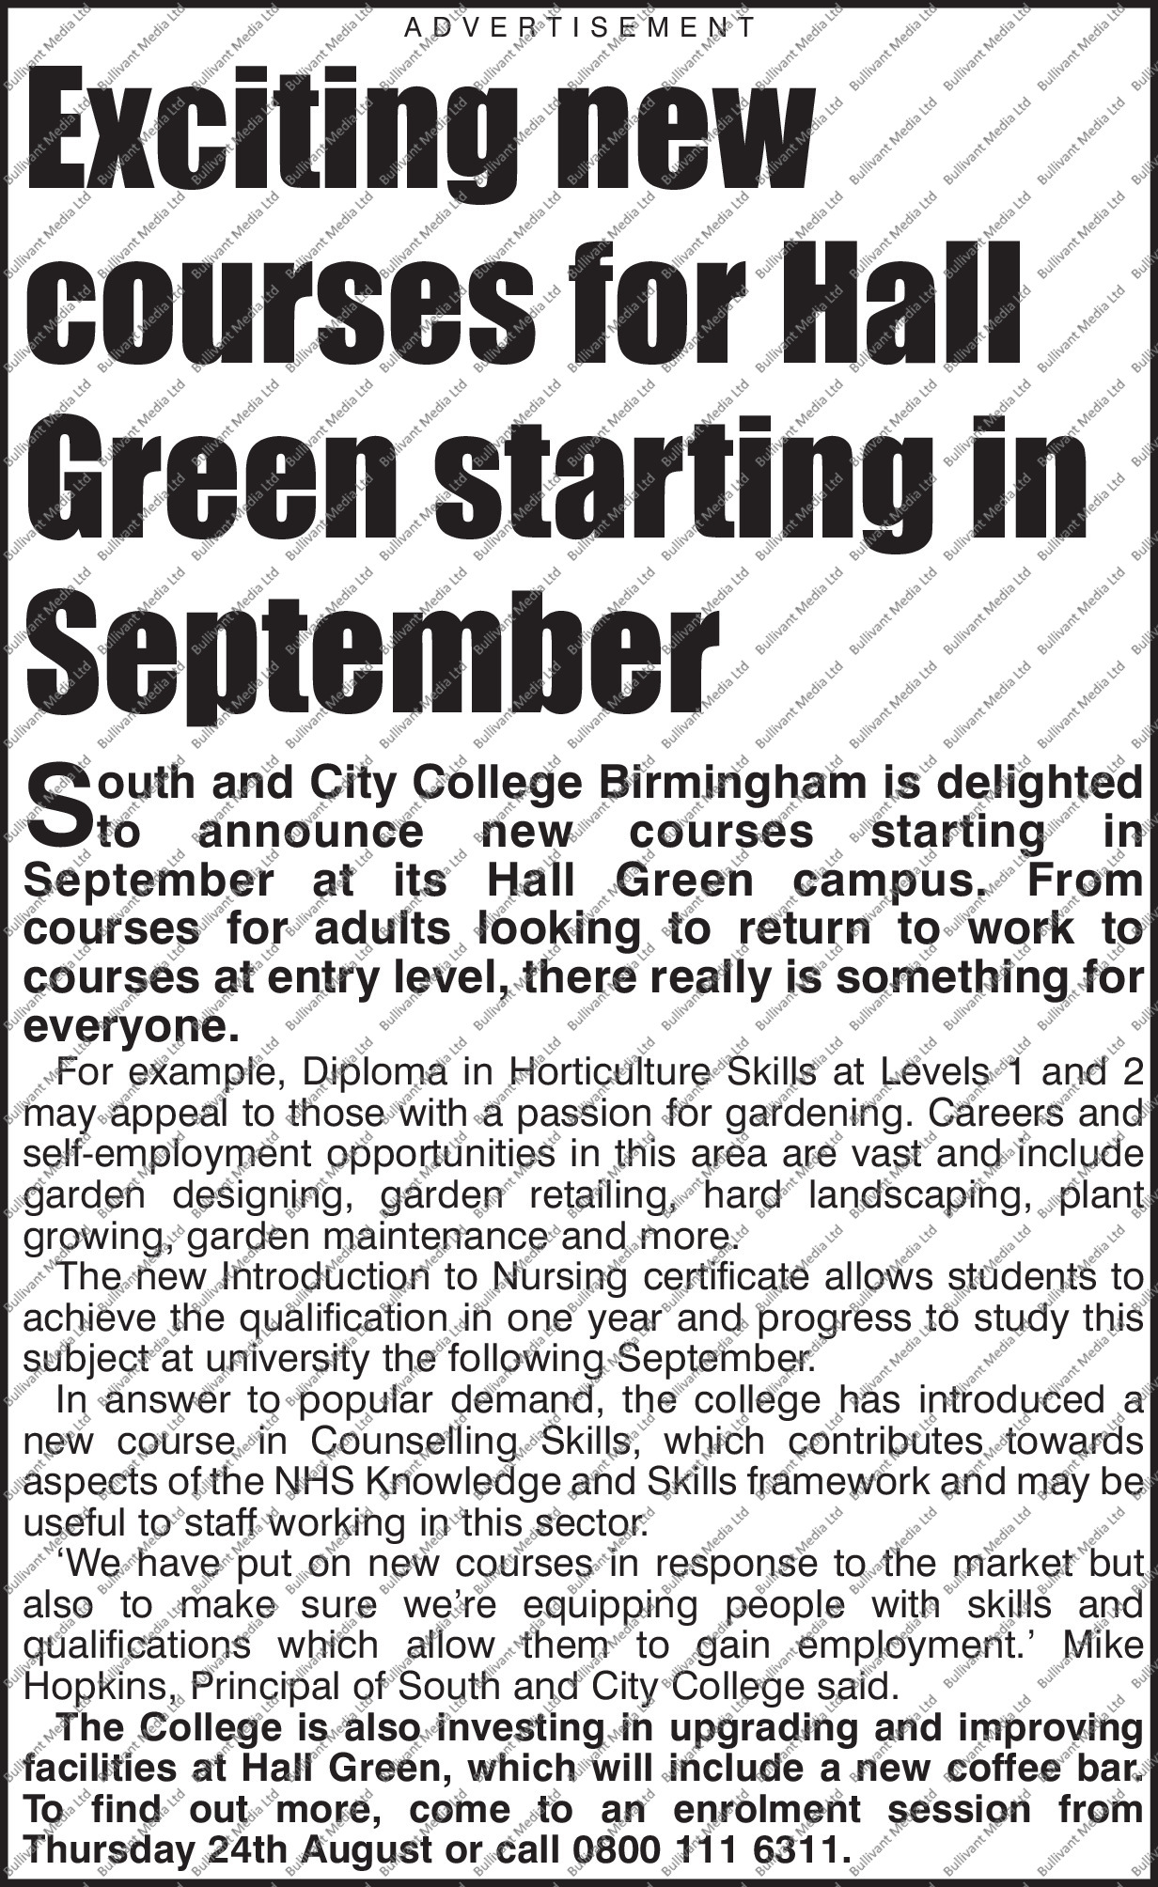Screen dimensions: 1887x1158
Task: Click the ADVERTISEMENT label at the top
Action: pos(579,28)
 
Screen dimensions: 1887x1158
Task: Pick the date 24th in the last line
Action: pos(247,1849)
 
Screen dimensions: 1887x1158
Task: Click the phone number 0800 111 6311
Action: pos(704,1849)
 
